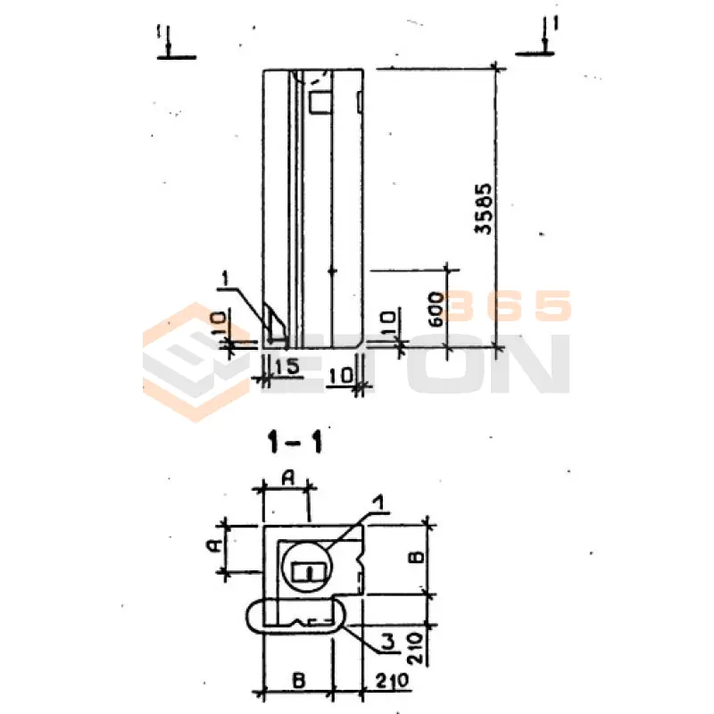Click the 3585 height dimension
pos(484,209)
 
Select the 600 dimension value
pos(436,310)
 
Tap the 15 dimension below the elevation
pos(286,367)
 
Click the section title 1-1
pos(295,442)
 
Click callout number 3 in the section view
pos(387,642)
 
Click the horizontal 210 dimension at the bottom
pos(393,681)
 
